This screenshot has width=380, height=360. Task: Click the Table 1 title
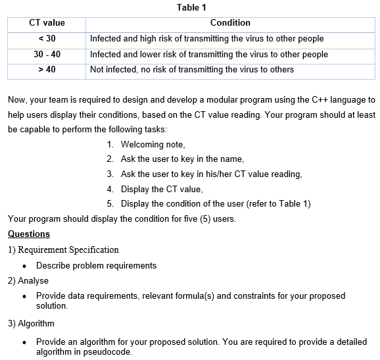click(192, 8)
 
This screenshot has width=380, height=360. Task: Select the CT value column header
click(47, 23)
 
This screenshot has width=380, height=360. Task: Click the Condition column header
click(230, 23)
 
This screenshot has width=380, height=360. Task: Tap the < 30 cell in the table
click(47, 38)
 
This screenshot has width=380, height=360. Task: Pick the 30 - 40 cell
click(47, 54)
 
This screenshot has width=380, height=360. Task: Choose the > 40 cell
click(47, 69)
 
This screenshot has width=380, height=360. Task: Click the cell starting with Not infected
click(192, 69)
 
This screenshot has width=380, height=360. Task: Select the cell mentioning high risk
click(206, 38)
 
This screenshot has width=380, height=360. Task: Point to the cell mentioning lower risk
click(208, 54)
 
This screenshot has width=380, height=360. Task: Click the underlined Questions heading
click(28, 234)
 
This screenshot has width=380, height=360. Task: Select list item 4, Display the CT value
click(162, 189)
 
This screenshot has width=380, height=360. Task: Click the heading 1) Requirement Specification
click(63, 250)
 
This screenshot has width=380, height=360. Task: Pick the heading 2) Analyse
click(28, 280)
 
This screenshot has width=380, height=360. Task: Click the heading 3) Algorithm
click(31, 323)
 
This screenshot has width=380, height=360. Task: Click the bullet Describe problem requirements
click(96, 265)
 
